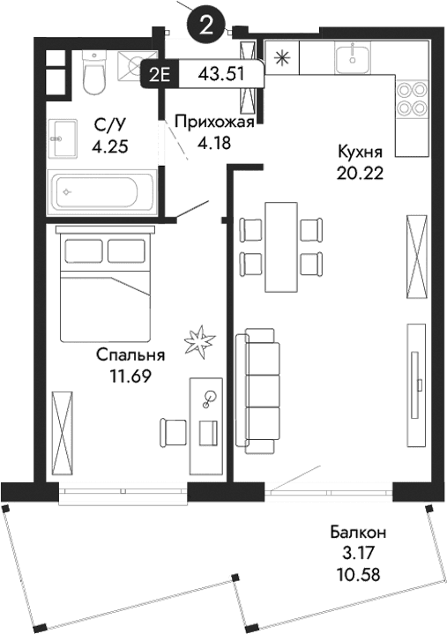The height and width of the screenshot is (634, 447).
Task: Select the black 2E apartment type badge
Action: point(160,74)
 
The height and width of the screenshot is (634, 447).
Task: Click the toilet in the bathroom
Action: point(93,71)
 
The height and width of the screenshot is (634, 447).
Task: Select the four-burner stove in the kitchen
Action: point(411,99)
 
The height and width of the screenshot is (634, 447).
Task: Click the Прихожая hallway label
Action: point(213,123)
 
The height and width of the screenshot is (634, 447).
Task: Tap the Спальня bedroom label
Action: point(130,356)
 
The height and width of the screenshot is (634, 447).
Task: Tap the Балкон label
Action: point(359,533)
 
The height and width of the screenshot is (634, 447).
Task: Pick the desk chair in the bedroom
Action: point(174,433)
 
